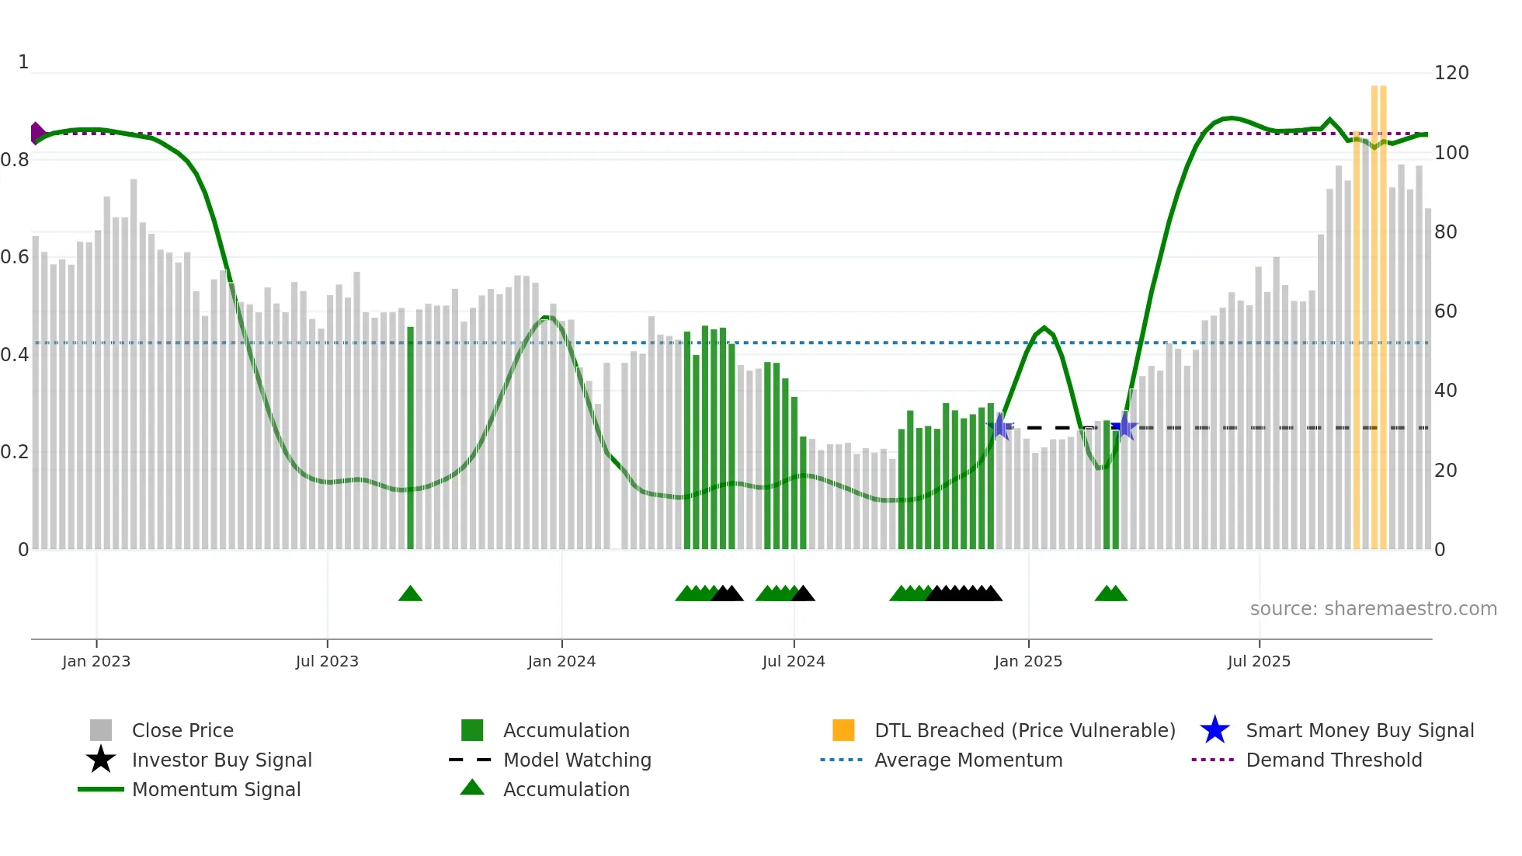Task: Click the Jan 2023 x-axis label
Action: pos(96,661)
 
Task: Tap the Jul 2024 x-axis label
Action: pos(794,661)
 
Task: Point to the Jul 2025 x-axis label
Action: pos(1259,661)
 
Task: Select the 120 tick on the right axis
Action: pos(1451,73)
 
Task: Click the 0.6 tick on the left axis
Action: pos(16,257)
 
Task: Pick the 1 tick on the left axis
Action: pos(23,62)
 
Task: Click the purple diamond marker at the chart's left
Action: pos(36,133)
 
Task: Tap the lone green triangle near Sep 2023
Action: pos(410,594)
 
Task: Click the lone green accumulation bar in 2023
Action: pos(410,435)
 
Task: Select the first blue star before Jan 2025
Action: pos(1000,426)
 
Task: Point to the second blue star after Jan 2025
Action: pos(1124,426)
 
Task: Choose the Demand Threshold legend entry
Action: pos(1333,760)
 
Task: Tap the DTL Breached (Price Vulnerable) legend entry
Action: pos(1024,730)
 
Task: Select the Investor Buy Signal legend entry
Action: pos(221,760)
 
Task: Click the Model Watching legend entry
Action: pos(577,760)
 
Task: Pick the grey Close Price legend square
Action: pos(101,730)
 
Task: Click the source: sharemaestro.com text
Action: pos(1373,609)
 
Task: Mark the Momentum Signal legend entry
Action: pos(216,789)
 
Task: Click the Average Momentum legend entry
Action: pos(968,760)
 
